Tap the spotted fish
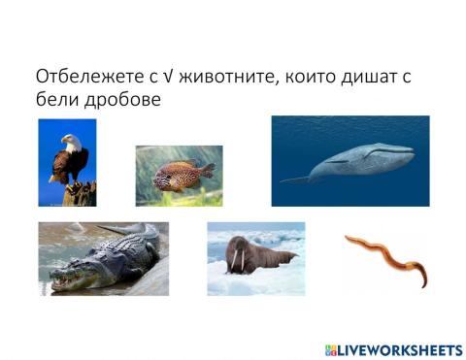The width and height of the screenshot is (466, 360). coord(179,175)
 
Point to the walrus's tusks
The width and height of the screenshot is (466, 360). coord(236,263)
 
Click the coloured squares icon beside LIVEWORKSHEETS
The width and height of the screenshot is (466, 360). coord(331,348)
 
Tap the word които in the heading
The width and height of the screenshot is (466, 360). coord(301,77)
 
